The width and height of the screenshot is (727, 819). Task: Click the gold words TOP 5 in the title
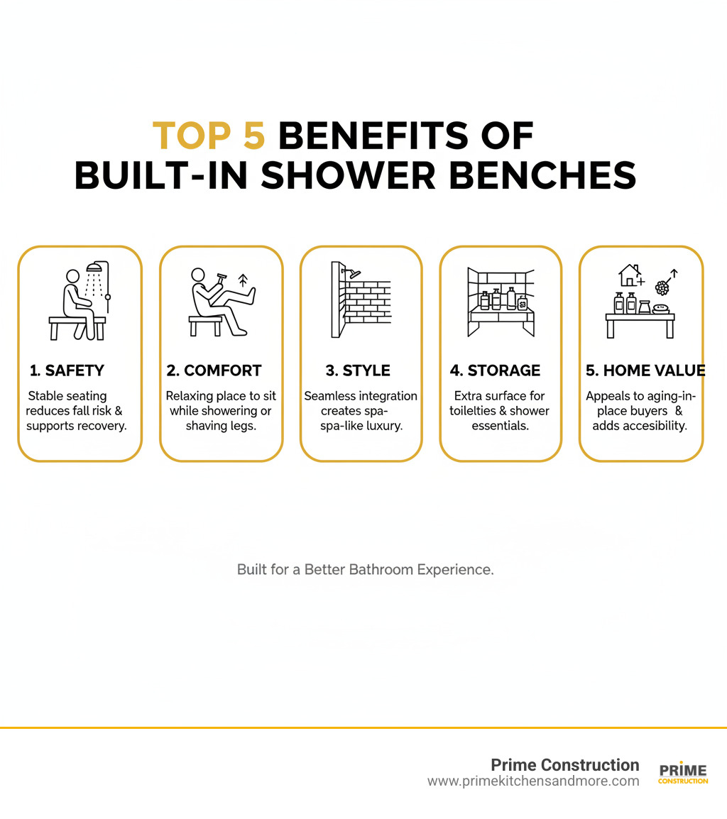coord(209,136)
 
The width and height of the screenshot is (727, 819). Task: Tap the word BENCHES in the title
coord(542,175)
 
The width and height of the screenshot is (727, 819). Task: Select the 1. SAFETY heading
coord(67,370)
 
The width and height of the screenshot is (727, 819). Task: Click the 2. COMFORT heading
coord(214,370)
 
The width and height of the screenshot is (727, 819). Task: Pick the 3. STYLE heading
coord(357,370)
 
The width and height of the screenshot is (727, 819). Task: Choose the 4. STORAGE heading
coord(495,370)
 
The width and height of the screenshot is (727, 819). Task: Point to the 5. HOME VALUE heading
coord(645,370)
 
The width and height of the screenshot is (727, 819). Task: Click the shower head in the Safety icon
coord(94,268)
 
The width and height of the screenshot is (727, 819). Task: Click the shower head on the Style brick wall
coord(350,270)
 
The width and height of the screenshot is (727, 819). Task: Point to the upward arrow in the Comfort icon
coord(243,278)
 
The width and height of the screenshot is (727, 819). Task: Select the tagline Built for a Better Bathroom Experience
coord(365,569)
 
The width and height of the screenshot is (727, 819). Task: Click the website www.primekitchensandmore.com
coord(533,781)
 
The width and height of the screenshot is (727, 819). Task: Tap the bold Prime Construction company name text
coord(565,764)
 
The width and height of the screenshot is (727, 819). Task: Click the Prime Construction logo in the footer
coord(683,774)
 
